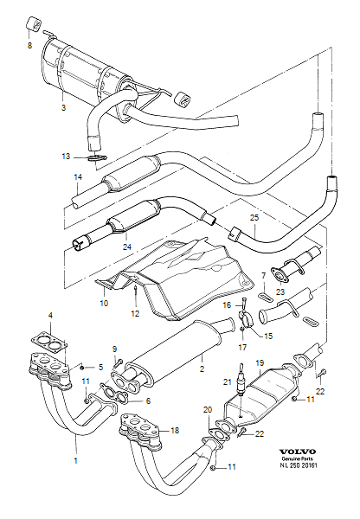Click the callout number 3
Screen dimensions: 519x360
pyautogui.click(x=62, y=108)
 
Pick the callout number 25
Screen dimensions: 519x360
pyautogui.click(x=254, y=219)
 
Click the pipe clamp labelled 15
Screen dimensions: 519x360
pyautogui.click(x=246, y=324)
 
